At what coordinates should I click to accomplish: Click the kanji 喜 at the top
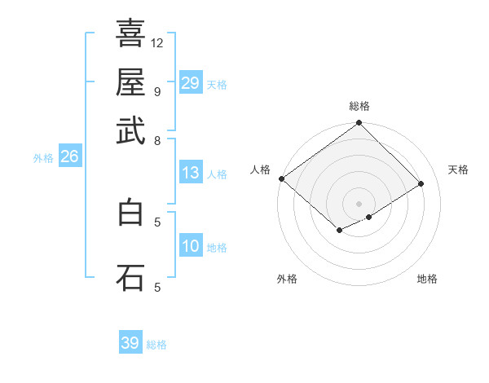[x=130, y=34]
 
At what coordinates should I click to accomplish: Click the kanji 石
[x=130, y=276]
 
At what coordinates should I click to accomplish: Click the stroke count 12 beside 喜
[x=157, y=42]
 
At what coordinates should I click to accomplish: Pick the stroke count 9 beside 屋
[x=157, y=91]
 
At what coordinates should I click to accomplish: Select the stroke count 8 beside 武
[x=157, y=140]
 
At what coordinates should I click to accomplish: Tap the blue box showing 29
[x=191, y=83]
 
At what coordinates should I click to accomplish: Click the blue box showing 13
[x=191, y=173]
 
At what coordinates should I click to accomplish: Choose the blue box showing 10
[x=191, y=246]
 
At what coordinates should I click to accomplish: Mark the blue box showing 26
[x=69, y=157]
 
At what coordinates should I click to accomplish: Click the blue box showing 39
[x=130, y=343]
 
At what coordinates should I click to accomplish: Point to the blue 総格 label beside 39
[x=156, y=345]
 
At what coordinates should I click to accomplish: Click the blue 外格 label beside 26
[x=43, y=159]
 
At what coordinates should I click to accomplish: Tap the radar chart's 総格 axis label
[x=359, y=107]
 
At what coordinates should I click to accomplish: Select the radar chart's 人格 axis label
[x=260, y=169]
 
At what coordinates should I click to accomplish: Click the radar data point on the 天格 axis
[x=421, y=184]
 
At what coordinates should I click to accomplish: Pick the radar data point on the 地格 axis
[x=369, y=217]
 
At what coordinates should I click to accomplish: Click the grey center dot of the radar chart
[x=359, y=203]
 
